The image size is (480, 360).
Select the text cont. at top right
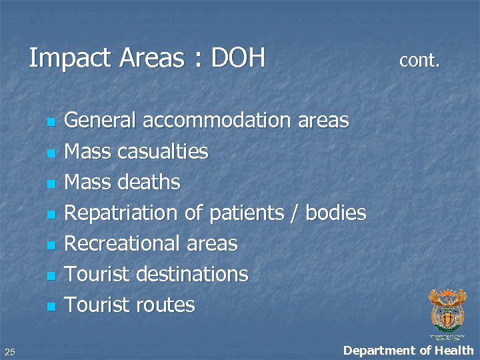pos(419,61)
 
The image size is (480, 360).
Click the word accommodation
pos(215,121)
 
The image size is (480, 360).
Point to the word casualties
pos(162,152)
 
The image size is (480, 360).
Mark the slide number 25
pos(9,351)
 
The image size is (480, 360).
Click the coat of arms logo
pos(447,309)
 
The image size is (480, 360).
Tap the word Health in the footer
pos(454,349)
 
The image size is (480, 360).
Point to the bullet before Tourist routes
pos(49,307)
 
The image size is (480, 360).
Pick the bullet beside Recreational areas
pos(49,246)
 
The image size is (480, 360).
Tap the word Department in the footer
pos(377,350)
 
